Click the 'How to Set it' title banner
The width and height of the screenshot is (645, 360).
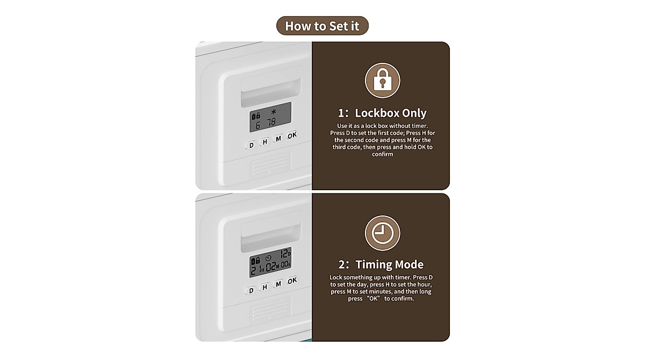[322, 25]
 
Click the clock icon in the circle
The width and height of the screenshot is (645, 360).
[382, 233]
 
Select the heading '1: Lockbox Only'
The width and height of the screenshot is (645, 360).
[382, 113]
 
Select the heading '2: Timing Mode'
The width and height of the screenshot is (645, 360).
[381, 264]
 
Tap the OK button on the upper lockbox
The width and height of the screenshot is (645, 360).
[292, 136]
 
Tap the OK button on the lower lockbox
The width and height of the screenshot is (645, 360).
[292, 281]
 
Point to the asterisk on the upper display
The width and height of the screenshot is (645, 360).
[274, 112]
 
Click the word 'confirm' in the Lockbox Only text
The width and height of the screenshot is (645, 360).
[382, 154]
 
